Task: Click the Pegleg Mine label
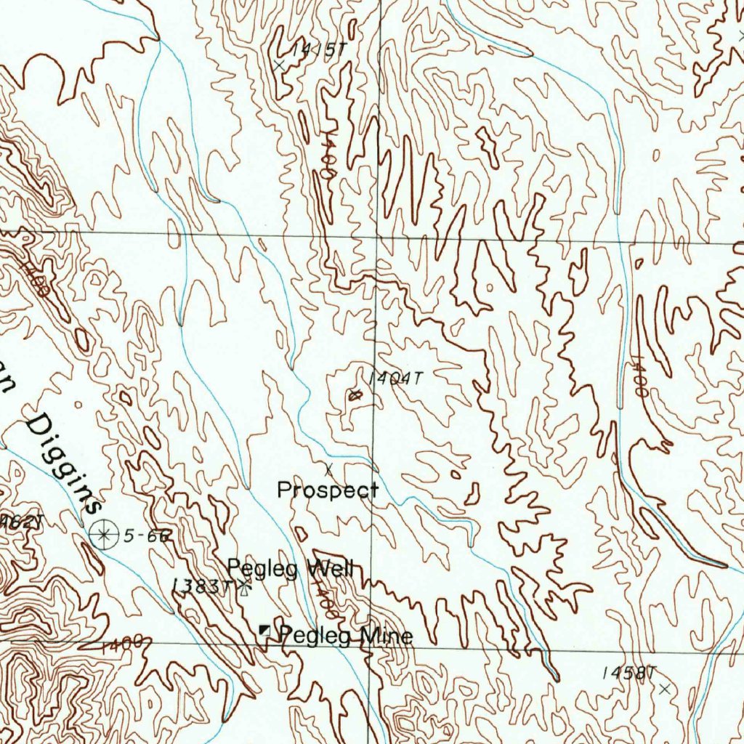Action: click(x=346, y=636)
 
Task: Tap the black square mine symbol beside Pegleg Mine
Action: click(x=266, y=633)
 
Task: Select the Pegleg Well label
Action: click(x=290, y=568)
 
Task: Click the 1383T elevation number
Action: click(x=201, y=586)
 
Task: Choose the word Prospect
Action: click(x=327, y=490)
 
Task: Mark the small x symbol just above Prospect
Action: click(x=328, y=467)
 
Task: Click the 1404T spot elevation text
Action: click(x=395, y=379)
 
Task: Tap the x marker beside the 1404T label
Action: click(x=355, y=396)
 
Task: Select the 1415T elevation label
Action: click(x=316, y=50)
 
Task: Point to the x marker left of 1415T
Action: click(x=279, y=65)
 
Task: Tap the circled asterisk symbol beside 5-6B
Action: click(x=104, y=535)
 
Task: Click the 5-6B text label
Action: click(x=147, y=536)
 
